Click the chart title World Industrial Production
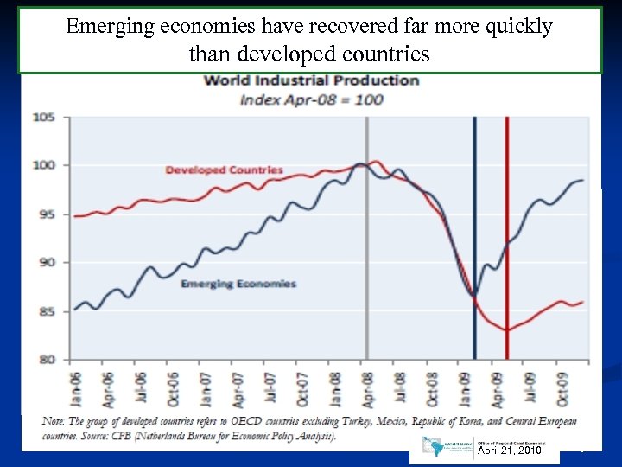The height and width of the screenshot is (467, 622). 311,80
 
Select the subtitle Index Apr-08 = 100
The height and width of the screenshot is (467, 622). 311,99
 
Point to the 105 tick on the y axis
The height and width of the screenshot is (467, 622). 44,117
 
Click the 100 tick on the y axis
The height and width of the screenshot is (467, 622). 44,165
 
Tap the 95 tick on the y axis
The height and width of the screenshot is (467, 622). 46,214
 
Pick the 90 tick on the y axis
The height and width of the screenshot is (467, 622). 46,262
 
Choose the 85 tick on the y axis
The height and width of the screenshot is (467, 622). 46,311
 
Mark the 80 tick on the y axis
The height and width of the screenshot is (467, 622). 46,359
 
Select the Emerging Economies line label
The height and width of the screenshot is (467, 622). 238,284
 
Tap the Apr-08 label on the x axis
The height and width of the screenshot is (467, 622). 367,387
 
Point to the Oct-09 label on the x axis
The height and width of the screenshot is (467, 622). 562,387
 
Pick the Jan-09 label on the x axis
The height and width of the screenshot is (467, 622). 466,387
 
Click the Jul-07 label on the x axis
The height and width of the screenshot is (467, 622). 270,387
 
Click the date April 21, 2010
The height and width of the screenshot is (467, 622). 510,451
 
